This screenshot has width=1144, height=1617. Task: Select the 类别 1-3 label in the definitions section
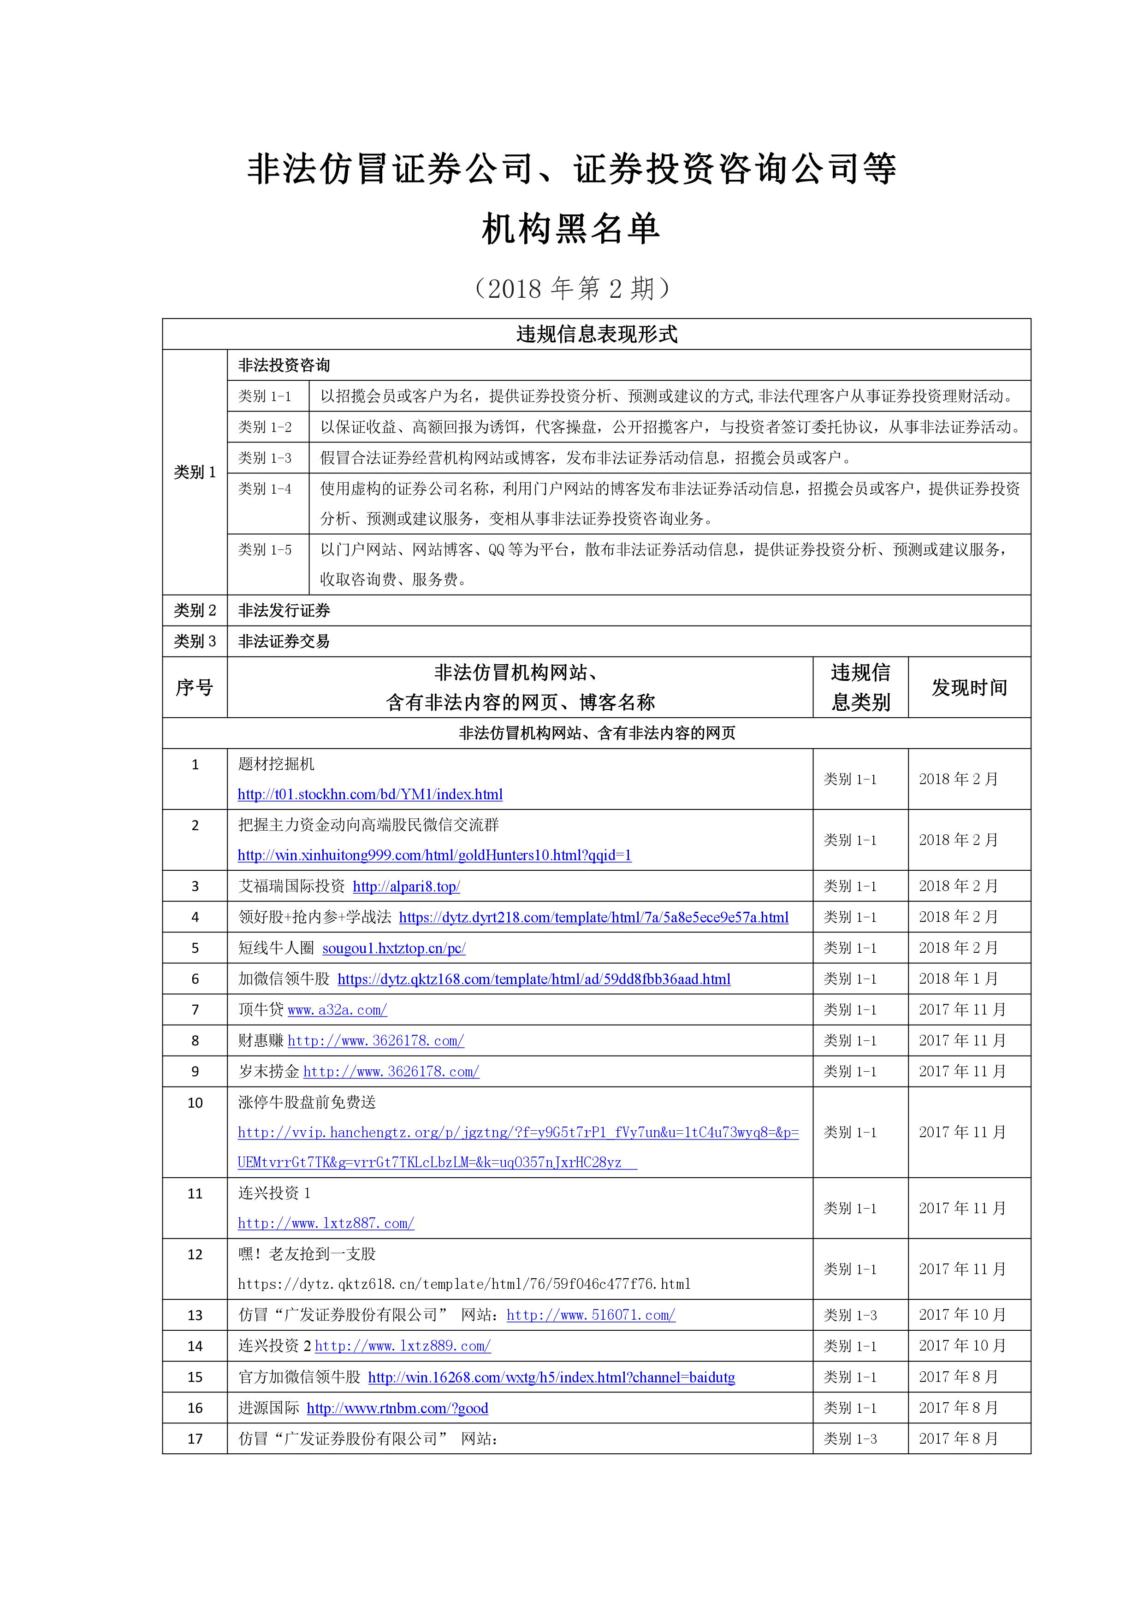pyautogui.click(x=265, y=458)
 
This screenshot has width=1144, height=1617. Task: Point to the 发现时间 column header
pyautogui.click(x=969, y=687)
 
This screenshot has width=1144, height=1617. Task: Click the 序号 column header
pyautogui.click(x=195, y=687)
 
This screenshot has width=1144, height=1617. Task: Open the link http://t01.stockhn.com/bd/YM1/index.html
pyautogui.click(x=370, y=794)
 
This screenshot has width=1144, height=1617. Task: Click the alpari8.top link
pyautogui.click(x=406, y=887)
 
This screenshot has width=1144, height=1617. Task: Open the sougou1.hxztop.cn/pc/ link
pyautogui.click(x=394, y=948)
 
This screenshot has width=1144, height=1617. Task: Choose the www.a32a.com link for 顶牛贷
pyautogui.click(x=338, y=1010)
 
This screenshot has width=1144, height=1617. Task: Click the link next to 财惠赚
pyautogui.click(x=375, y=1041)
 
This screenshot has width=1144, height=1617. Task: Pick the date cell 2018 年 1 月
pyautogui.click(x=958, y=979)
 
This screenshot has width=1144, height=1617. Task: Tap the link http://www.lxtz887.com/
pyautogui.click(x=326, y=1223)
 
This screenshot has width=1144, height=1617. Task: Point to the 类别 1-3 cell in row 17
pyautogui.click(x=850, y=1439)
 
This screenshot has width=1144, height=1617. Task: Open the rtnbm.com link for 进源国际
pyautogui.click(x=397, y=1408)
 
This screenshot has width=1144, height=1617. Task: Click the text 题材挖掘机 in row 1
pyautogui.click(x=276, y=764)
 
